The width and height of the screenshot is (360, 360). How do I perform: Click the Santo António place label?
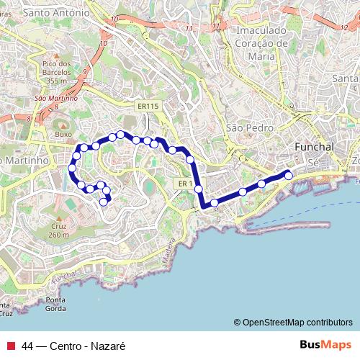(57, 13)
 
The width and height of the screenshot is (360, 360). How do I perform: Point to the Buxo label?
(64, 134)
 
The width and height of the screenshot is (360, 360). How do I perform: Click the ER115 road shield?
(148, 107)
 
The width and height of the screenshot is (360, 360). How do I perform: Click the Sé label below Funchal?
(312, 164)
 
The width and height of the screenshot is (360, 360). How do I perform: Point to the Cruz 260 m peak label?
(58, 229)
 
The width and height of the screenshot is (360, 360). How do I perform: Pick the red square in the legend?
(11, 346)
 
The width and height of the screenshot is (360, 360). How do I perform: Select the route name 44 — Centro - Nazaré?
(69, 346)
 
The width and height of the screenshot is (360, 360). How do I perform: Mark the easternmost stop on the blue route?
(289, 174)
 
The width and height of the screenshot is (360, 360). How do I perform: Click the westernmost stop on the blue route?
(71, 168)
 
